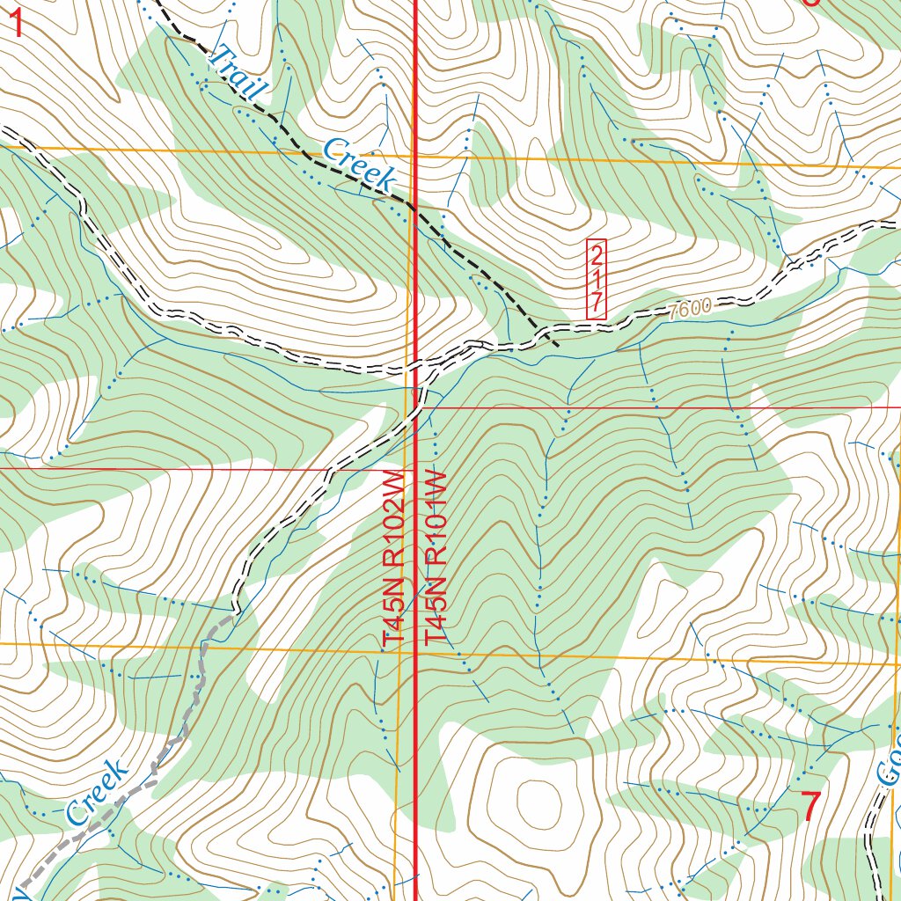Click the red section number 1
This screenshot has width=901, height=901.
point(15,22)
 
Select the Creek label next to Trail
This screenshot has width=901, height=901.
point(356,163)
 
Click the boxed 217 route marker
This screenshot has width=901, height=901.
point(597,279)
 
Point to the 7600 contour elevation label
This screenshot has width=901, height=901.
point(689,310)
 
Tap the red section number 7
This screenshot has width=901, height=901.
point(811,806)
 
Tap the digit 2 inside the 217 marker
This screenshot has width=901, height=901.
point(597,257)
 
